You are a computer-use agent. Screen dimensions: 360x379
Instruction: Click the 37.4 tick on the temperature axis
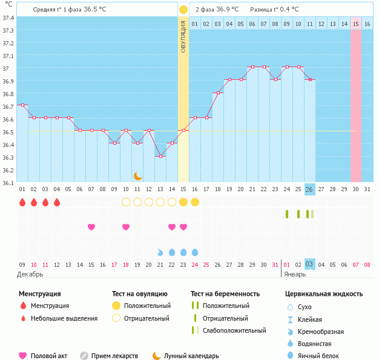[8, 17]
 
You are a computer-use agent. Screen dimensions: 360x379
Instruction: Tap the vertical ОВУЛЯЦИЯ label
[183, 36]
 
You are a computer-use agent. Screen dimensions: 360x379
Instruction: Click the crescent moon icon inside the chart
[138, 175]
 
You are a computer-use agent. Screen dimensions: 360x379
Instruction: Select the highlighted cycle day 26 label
[309, 189]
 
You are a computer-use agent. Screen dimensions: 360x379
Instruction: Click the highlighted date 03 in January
[309, 264]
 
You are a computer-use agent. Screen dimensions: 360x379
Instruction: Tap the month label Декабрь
[30, 274]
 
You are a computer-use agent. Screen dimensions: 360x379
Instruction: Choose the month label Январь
[295, 274]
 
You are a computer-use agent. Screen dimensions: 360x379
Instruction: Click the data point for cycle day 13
[160, 156]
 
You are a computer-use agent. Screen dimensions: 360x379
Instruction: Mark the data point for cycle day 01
[22, 105]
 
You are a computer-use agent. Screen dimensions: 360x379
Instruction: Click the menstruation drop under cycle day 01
[22, 202]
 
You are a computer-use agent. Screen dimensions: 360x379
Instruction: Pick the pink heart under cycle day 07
[91, 227]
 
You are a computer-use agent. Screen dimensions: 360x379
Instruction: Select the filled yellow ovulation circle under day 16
[195, 202]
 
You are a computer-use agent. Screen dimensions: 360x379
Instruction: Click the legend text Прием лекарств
[114, 356]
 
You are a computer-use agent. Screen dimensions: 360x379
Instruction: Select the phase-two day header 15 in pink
[356, 24]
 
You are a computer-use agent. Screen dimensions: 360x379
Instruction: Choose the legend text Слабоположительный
[234, 330]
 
